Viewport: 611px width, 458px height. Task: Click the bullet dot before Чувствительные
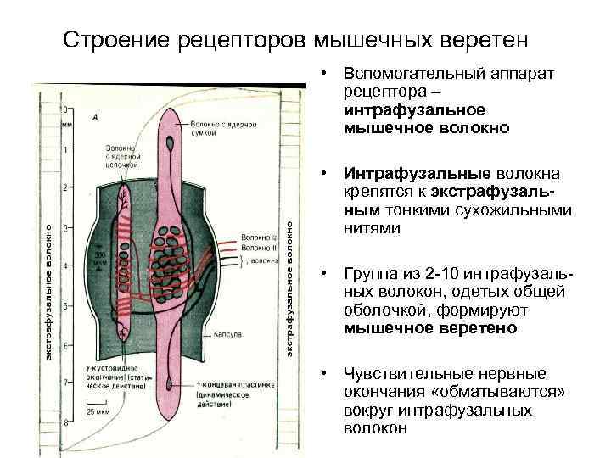click(x=325, y=374)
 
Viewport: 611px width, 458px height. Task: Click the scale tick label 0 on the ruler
click(x=65, y=110)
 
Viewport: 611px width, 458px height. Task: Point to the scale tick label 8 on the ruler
click(x=65, y=422)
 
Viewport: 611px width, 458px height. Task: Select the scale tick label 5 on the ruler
click(x=65, y=305)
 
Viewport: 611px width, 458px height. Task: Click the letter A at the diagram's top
click(x=96, y=117)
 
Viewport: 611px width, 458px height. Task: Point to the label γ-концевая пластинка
click(x=227, y=385)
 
